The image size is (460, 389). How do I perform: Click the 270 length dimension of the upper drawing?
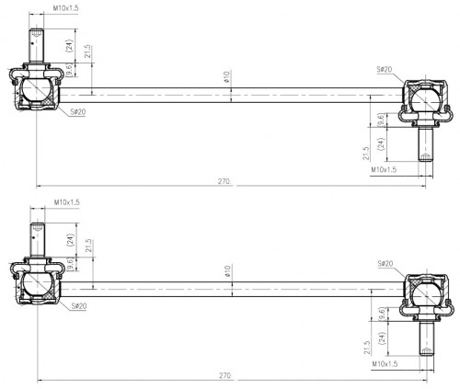tap(224, 181)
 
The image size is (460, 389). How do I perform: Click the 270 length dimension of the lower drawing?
tap(225, 375)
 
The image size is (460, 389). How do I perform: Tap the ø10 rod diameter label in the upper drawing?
tap(227, 77)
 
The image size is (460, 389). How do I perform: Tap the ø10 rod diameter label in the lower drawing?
tap(227, 271)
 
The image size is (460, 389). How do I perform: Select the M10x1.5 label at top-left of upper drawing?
tap(66, 8)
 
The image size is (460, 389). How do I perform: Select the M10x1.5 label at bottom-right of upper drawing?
tap(384, 169)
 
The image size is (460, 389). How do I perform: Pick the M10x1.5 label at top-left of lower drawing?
tap(67, 202)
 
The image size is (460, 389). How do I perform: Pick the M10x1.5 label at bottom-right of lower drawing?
tap(385, 364)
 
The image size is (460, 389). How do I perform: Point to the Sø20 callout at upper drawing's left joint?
tap(78, 112)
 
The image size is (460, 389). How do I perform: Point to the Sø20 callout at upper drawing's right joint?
tap(385, 70)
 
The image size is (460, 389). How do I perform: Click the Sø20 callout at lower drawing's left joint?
tap(79, 306)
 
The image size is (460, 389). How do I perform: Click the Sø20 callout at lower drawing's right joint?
tap(385, 264)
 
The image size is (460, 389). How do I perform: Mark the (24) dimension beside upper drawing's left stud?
tap(70, 46)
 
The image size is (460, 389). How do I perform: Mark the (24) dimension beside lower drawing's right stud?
tap(382, 338)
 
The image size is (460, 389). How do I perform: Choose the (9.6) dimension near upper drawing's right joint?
tap(381, 120)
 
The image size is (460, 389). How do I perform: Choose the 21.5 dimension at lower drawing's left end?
tap(88, 246)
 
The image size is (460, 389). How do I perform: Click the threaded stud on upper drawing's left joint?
tap(36, 45)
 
